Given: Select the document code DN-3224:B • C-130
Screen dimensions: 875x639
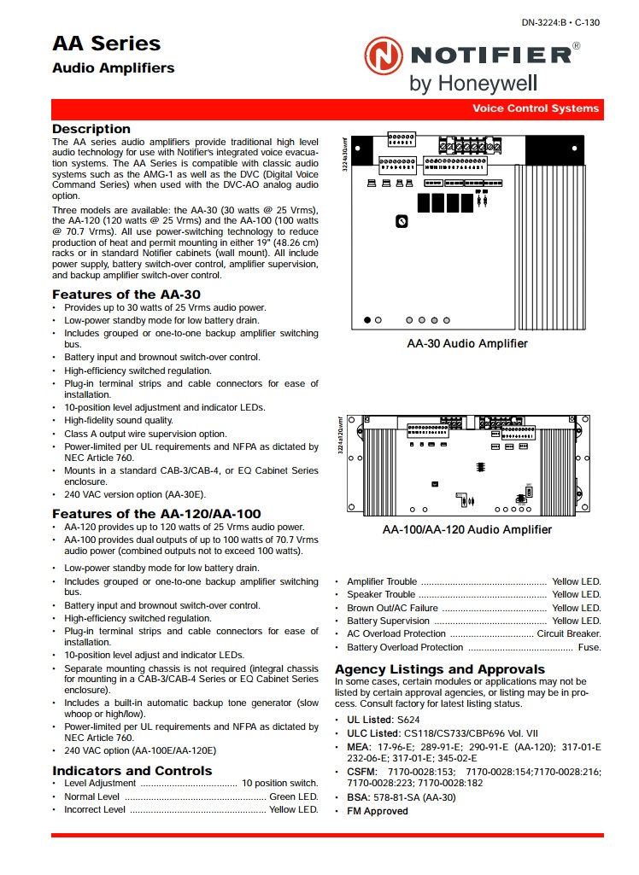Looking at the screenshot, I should click(x=560, y=23).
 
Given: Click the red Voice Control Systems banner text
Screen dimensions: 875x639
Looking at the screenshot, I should click(x=536, y=108).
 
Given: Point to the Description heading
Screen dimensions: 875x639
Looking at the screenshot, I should click(x=91, y=129).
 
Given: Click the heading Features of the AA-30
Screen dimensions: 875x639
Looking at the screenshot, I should click(x=126, y=295).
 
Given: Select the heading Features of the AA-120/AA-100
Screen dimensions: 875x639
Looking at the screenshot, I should click(x=156, y=514).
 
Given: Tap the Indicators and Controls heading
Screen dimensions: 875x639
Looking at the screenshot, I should click(x=132, y=771).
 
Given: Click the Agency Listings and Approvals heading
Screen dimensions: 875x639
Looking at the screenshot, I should click(x=440, y=669).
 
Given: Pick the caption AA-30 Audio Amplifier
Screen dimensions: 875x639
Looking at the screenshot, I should click(x=467, y=344).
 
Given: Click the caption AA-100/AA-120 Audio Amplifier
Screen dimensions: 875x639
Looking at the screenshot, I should click(x=467, y=530).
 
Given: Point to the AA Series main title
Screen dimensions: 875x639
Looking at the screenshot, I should click(x=106, y=44).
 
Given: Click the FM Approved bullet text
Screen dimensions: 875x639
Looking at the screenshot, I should click(x=378, y=811).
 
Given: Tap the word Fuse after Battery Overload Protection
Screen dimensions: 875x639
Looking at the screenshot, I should click(x=589, y=648).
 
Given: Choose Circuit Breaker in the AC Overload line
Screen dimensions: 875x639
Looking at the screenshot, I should click(x=569, y=634).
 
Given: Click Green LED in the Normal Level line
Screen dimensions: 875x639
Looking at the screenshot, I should click(x=294, y=796).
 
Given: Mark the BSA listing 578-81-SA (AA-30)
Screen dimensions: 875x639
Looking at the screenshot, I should click(x=414, y=797).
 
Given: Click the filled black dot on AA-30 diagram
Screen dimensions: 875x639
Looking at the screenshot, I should click(x=367, y=320).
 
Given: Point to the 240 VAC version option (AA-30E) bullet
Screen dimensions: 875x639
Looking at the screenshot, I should click(x=135, y=494).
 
